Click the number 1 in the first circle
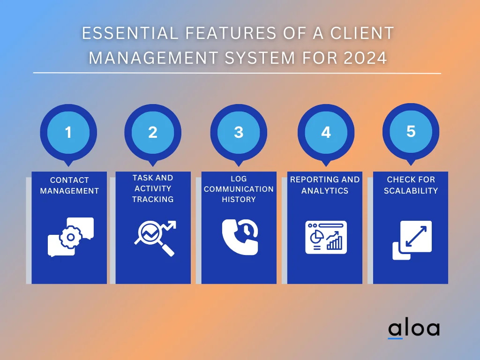[x=68, y=132]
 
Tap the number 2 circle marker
[x=153, y=132]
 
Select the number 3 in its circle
[x=239, y=132]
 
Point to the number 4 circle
[x=326, y=132]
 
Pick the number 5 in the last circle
[x=411, y=131]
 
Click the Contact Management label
[x=69, y=185]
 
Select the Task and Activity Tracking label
[x=153, y=188]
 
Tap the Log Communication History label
[x=239, y=189]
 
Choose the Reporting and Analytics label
[x=325, y=185]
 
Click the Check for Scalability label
[x=411, y=185]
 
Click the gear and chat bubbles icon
[x=71, y=237]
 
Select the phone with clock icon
[x=240, y=237]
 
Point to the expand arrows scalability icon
[x=412, y=240]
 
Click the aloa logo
[x=413, y=329]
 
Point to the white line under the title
[x=237, y=73]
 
